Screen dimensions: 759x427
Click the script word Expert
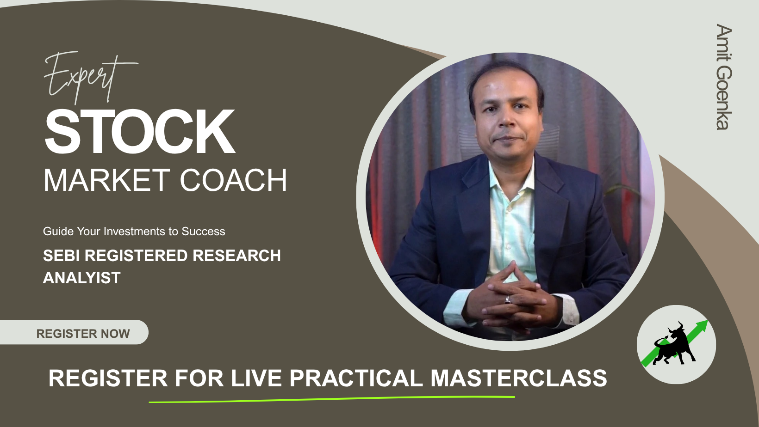(91, 77)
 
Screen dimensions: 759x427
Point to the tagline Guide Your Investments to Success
(134, 232)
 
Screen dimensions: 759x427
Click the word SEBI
(62, 256)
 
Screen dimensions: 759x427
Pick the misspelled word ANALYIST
(81, 278)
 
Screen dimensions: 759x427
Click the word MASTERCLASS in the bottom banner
(518, 378)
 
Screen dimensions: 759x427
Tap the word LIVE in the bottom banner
(256, 378)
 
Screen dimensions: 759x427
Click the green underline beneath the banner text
(332, 399)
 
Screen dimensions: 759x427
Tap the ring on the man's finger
(508, 300)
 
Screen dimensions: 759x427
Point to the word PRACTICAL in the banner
(356, 378)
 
